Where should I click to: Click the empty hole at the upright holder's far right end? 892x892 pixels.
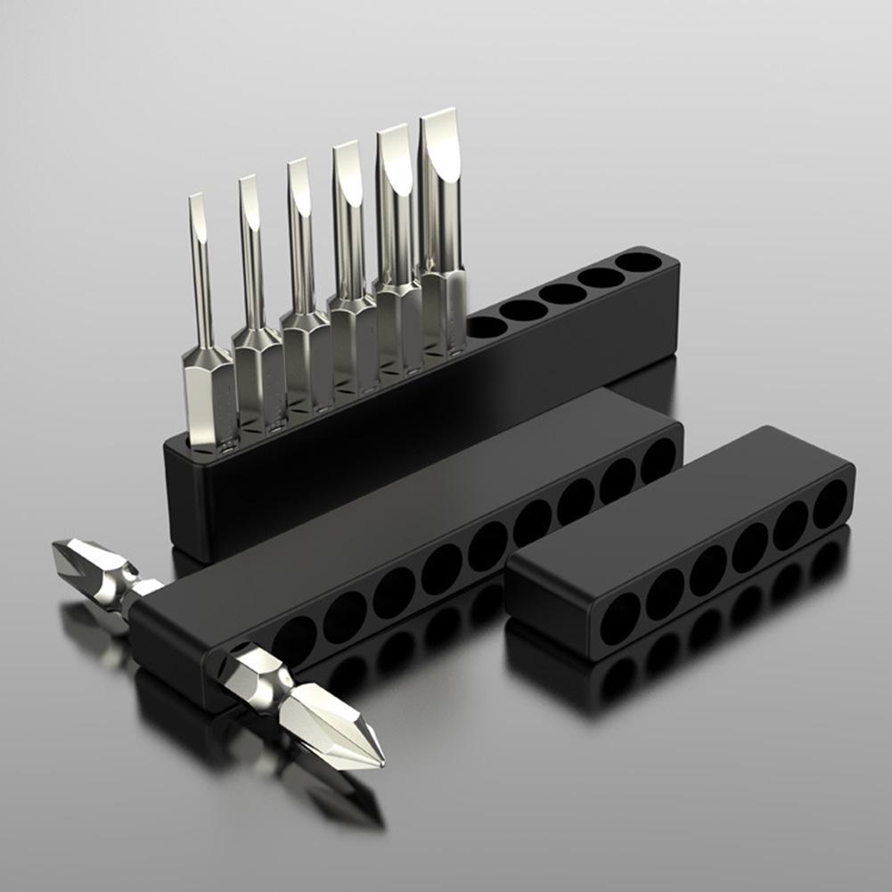(638, 262)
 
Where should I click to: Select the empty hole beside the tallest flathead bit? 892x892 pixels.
(487, 327)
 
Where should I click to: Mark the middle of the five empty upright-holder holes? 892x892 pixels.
(562, 293)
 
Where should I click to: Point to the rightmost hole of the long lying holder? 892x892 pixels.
(659, 460)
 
